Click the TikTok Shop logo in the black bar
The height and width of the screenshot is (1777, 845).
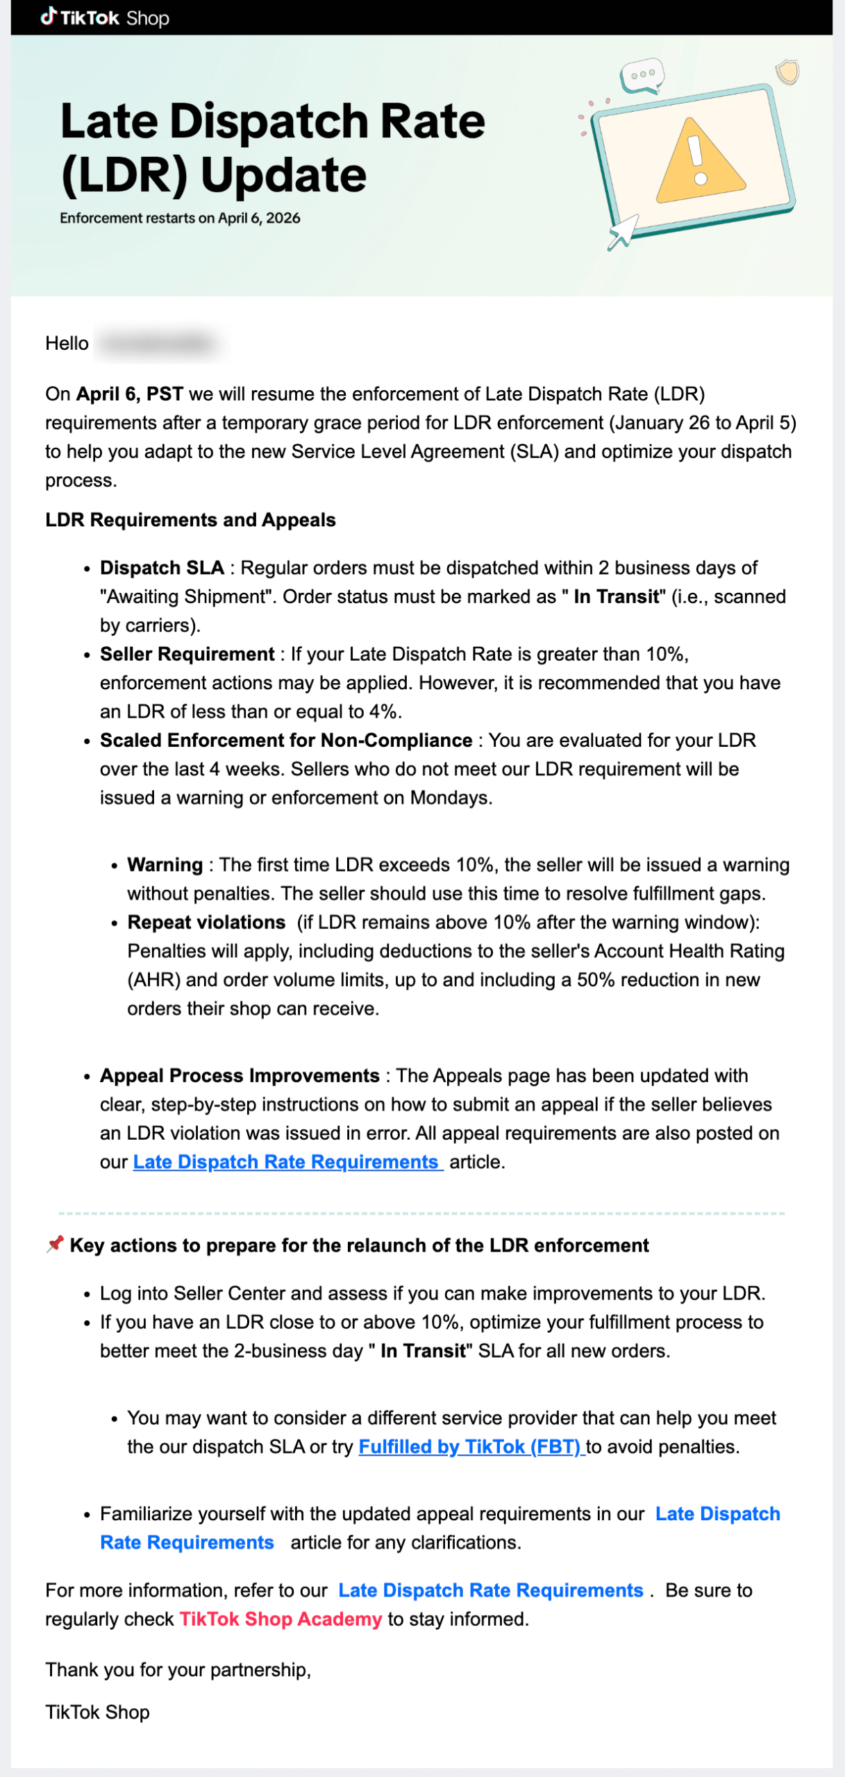pyautogui.click(x=105, y=17)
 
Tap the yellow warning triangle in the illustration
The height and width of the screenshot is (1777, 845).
pyautogui.click(x=700, y=164)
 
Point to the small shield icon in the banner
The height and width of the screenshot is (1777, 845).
pyautogui.click(x=787, y=71)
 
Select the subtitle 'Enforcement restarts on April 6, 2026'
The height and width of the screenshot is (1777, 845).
pyautogui.click(x=180, y=218)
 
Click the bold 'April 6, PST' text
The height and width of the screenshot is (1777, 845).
pyautogui.click(x=129, y=394)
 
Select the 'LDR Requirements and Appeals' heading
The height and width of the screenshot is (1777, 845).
pyautogui.click(x=190, y=520)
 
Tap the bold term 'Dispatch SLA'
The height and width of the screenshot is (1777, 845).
pyautogui.click(x=162, y=568)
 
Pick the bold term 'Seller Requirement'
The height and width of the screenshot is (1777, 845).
pyautogui.click(x=187, y=654)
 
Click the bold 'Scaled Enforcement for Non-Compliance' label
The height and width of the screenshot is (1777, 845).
pyautogui.click(x=286, y=740)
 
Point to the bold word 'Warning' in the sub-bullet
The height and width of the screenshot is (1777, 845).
pyautogui.click(x=165, y=865)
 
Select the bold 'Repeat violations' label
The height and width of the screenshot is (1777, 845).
pyautogui.click(x=206, y=922)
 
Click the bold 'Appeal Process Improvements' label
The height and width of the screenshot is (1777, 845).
pyautogui.click(x=240, y=1075)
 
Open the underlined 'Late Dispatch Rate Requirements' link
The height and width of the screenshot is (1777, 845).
pyautogui.click(x=287, y=1162)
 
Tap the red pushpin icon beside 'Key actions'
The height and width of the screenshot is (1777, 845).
pyautogui.click(x=55, y=1244)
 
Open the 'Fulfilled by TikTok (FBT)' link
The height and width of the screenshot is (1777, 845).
pyautogui.click(x=471, y=1447)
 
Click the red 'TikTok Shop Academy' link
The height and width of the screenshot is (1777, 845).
pyautogui.click(x=281, y=1619)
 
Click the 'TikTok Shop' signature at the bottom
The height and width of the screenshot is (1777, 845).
pyautogui.click(x=97, y=1712)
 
